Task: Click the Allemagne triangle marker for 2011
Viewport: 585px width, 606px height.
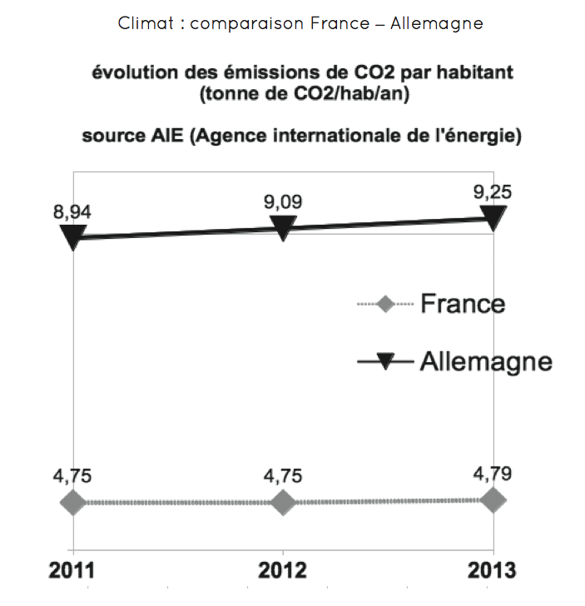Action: [x=73, y=238]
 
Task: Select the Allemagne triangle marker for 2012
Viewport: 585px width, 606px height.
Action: [x=283, y=227]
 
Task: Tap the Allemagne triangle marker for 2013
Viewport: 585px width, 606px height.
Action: [x=493, y=218]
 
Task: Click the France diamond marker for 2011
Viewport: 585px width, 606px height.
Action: [x=73, y=502]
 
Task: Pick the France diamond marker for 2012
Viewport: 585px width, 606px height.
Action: [x=283, y=502]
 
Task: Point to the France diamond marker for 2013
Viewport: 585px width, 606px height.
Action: [x=493, y=499]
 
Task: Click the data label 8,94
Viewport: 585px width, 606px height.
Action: [x=72, y=211]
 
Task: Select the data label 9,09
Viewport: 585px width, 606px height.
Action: [x=283, y=201]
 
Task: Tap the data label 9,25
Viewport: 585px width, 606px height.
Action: [x=493, y=192]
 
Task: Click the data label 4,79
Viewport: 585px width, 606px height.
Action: [x=493, y=474]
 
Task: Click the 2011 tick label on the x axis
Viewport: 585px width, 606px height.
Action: [x=72, y=571]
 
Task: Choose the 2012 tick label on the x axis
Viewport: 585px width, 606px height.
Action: [x=283, y=571]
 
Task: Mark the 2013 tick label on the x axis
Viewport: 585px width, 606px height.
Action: [x=492, y=571]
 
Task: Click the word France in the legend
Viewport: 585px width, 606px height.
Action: [x=463, y=303]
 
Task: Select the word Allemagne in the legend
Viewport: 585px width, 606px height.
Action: [x=486, y=361]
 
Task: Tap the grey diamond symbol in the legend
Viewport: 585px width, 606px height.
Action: [x=384, y=304]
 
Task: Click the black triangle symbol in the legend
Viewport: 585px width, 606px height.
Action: [x=384, y=361]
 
